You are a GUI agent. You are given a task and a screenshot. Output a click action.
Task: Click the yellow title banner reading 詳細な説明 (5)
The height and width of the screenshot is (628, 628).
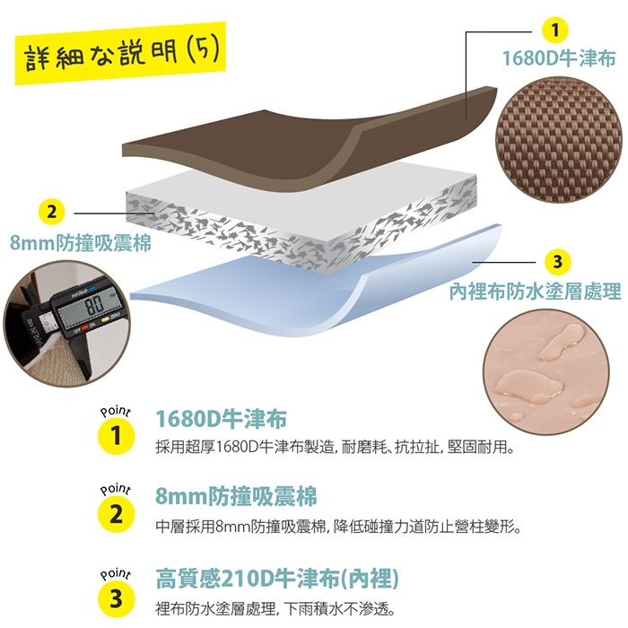coord(120,53)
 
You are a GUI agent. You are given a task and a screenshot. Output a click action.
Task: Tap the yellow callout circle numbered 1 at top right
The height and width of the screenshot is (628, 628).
coord(554,30)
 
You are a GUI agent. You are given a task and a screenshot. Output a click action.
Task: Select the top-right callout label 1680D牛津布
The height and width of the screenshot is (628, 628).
coord(559,58)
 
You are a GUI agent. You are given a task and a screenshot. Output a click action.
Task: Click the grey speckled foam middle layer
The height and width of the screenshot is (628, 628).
coord(301,218)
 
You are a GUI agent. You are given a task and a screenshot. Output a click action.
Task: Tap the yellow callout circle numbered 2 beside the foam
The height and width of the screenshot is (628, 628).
coord(52,213)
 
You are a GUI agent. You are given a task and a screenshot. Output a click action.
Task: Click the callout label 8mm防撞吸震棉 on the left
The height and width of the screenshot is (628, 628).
coord(81,243)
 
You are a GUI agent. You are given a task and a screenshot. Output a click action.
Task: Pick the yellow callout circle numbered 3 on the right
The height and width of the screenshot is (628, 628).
coord(558,262)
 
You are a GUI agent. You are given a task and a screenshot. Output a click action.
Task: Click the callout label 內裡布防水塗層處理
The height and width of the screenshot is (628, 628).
coord(535,292)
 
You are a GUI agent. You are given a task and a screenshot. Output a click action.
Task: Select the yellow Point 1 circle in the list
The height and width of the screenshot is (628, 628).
coord(116,436)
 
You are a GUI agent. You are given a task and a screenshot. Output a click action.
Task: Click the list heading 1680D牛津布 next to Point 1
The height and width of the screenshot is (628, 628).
coord(222,419)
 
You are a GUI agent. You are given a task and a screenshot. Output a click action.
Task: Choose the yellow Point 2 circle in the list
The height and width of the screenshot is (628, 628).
coord(116,514)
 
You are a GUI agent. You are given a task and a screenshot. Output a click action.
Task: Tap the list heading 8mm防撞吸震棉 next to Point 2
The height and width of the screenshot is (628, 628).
coord(236,496)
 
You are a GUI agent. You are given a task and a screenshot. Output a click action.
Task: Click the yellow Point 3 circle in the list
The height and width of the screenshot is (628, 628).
coord(116,599)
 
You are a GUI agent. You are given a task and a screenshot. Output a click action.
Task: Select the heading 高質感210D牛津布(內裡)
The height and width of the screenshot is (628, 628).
coord(277,579)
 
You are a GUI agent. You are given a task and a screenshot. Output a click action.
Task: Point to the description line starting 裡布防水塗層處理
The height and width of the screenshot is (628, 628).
coord(275,609)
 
